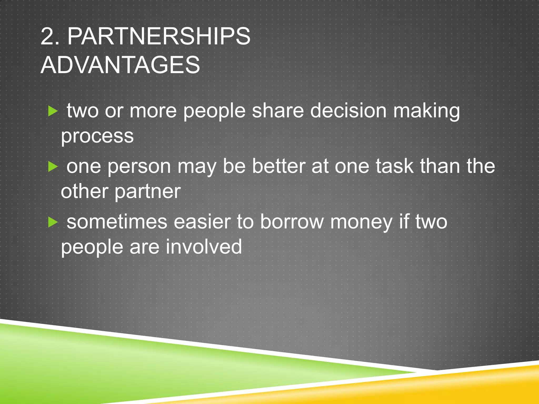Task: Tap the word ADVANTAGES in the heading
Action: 120,65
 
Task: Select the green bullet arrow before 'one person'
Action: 53,167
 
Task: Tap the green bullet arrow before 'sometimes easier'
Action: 53,223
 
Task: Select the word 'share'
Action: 278,110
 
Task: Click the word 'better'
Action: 279,166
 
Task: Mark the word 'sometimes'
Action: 117,222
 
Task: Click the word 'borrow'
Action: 292,222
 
